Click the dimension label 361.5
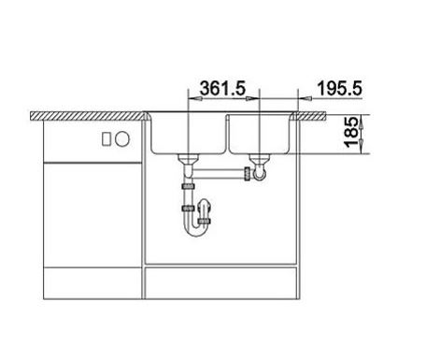click(222, 88)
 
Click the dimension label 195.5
click(339, 88)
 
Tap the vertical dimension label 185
click(351, 132)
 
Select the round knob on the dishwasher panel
click(122, 138)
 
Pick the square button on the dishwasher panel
click(106, 138)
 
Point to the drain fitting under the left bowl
click(188, 159)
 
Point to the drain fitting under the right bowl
click(259, 159)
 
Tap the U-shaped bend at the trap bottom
click(195, 232)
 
